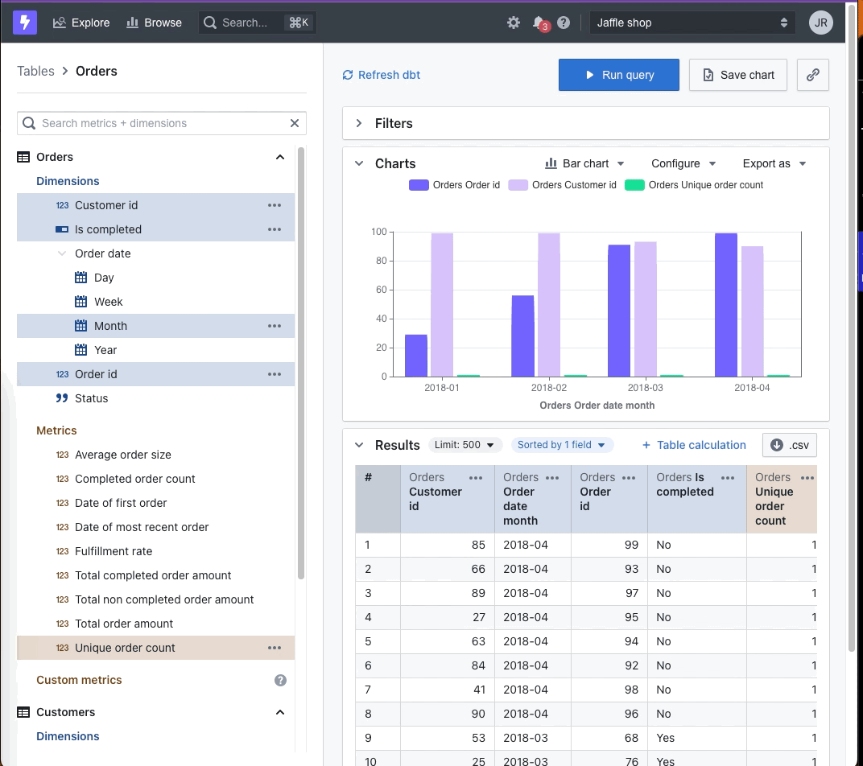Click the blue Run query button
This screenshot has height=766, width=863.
tap(618, 75)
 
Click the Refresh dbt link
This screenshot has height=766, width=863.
tap(382, 75)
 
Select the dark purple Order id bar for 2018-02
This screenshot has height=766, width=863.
tap(522, 336)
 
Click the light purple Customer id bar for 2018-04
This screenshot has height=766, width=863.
tap(753, 311)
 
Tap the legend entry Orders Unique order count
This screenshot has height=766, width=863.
tap(694, 185)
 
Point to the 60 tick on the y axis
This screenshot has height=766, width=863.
tap(382, 290)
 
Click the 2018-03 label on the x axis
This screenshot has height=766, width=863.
tap(645, 387)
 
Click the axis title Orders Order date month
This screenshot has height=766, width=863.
tap(597, 405)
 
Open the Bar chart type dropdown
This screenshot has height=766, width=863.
tap(584, 163)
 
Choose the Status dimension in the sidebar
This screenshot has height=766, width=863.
tap(91, 398)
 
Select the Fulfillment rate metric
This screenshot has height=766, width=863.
tap(114, 551)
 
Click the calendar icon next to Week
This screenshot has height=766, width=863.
tap(81, 302)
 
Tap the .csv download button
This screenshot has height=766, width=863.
tap(789, 445)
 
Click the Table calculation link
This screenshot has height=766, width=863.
tap(694, 445)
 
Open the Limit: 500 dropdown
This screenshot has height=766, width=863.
tap(465, 445)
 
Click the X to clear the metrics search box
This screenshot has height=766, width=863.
tap(295, 123)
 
